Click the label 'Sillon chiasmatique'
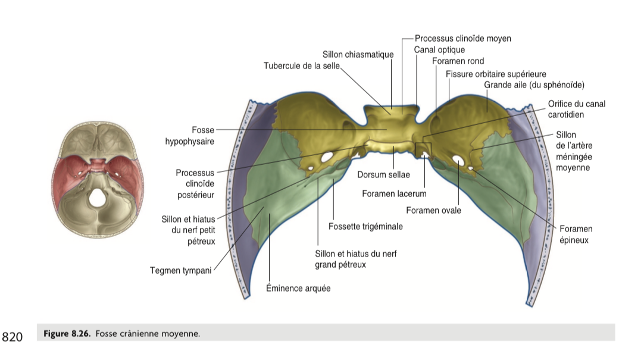click(358, 55)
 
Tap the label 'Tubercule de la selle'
click(301, 65)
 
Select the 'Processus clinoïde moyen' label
click(462, 39)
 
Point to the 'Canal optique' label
click(439, 50)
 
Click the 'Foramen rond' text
click(458, 61)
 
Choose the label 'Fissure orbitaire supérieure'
click(496, 74)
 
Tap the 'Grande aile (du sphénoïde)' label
click(534, 84)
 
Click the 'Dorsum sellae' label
click(383, 175)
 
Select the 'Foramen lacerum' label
click(394, 194)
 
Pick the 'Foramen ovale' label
click(433, 210)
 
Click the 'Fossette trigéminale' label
click(365, 227)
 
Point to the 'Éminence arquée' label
click(298, 289)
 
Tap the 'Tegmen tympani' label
click(180, 272)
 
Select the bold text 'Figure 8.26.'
click(67, 334)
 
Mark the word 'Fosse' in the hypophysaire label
click(203, 130)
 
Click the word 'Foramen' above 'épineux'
click(576, 229)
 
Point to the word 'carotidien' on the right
click(566, 115)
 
